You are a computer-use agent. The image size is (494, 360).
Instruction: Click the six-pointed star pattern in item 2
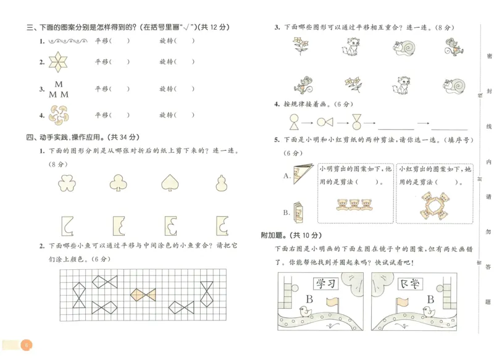[59, 62]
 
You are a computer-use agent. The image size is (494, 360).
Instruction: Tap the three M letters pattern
[59, 90]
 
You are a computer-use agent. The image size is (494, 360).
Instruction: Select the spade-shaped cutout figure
[169, 182]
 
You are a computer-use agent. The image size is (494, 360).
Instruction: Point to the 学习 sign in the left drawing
[327, 284]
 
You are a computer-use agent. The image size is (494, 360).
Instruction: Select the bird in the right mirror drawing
[429, 312]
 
